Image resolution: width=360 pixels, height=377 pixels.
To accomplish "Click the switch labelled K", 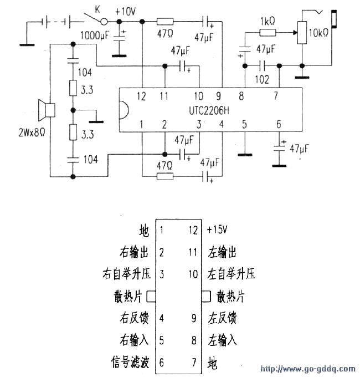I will pos(98,21).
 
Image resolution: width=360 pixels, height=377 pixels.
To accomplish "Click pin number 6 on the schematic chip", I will pos(279,124).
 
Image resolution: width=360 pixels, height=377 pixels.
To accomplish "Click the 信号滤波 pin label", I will pos(130,364).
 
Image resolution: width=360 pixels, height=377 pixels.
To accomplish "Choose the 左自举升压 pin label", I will pos(232,274).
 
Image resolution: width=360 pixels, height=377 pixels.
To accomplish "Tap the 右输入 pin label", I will pos(135,340).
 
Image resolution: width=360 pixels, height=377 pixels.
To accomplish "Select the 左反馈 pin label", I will pos(223,318).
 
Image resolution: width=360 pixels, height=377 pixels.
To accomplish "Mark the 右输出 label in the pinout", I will pos(135,253).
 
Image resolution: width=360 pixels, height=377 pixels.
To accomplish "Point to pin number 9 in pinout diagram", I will pos(194,318).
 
